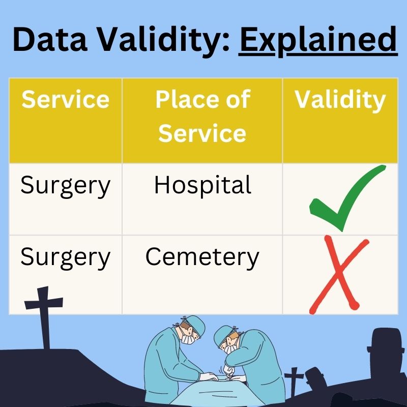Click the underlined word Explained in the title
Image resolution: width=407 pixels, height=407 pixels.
tap(317, 40)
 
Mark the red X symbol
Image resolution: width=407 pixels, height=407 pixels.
tap(338, 275)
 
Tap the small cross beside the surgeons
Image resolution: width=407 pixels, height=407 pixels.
tap(294, 382)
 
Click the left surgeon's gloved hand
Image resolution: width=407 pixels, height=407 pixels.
tap(208, 377)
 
